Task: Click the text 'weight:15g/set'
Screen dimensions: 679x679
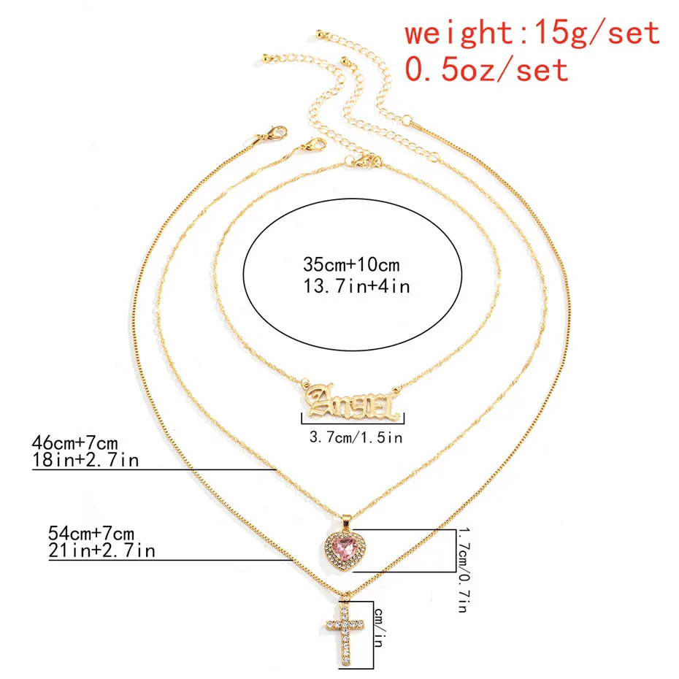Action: [x=532, y=32]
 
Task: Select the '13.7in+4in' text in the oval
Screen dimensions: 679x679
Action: [x=356, y=285]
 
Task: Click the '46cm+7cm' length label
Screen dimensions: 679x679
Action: [x=75, y=442]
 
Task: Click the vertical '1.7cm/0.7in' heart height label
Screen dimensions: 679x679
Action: [x=464, y=570]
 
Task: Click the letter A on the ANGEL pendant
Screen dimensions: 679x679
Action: [x=319, y=399]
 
